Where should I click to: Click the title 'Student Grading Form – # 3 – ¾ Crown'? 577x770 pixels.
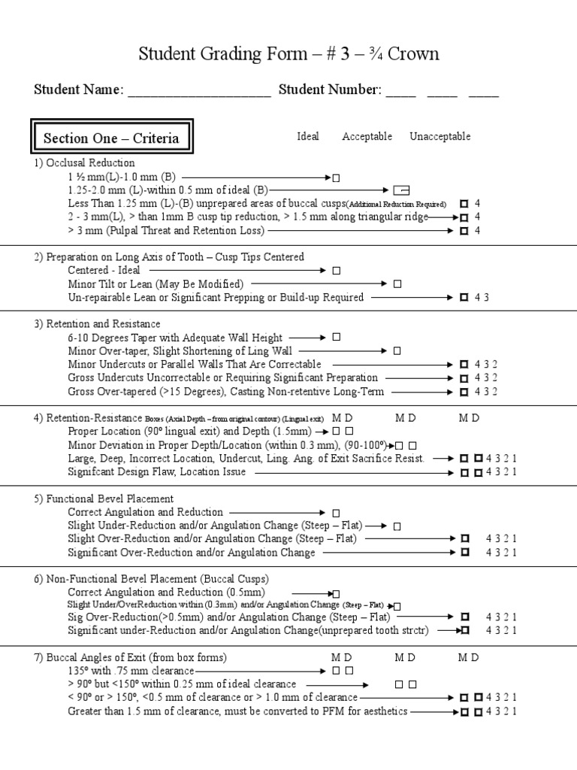point(288,54)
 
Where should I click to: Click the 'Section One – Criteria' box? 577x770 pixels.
point(111,138)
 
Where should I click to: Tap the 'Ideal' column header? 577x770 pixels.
point(308,136)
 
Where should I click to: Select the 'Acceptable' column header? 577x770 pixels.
point(367,136)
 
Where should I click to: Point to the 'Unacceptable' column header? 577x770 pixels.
point(440,136)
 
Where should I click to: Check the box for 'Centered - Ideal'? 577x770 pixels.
point(337,270)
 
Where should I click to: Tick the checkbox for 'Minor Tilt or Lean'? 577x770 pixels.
point(397,283)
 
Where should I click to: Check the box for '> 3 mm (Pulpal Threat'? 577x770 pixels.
point(464,230)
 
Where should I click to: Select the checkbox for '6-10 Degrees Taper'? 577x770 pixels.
point(337,338)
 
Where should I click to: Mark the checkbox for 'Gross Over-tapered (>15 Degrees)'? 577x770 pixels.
point(464,392)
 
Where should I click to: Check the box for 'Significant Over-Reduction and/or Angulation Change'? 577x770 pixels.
point(464,553)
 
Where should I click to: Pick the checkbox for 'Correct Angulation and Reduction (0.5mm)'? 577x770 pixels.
point(337,594)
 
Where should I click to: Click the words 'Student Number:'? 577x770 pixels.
point(329,90)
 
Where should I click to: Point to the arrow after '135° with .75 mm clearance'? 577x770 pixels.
point(261,670)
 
